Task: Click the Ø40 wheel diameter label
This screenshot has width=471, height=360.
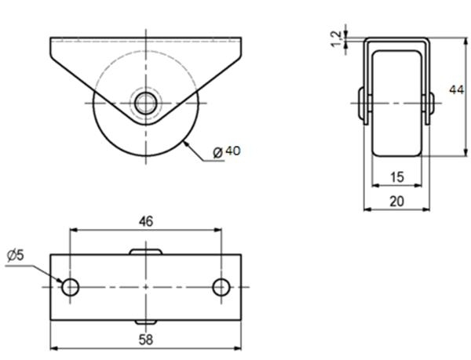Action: click(227, 151)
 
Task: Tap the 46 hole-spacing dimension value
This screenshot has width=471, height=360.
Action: click(145, 221)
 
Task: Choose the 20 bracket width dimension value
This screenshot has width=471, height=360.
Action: click(396, 201)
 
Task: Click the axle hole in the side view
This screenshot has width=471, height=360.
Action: click(145, 102)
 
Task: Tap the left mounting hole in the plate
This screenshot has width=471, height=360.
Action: click(71, 287)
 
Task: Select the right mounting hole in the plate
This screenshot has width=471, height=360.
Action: click(221, 287)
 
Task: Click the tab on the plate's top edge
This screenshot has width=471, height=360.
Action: click(145, 251)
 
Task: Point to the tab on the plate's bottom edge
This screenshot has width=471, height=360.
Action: click(145, 322)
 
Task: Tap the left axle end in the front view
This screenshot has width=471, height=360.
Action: click(362, 105)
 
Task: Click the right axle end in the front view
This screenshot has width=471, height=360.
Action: click(431, 105)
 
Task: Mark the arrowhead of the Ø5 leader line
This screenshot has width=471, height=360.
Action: click(60, 282)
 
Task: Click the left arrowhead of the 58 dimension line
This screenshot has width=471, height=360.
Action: click(53, 347)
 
